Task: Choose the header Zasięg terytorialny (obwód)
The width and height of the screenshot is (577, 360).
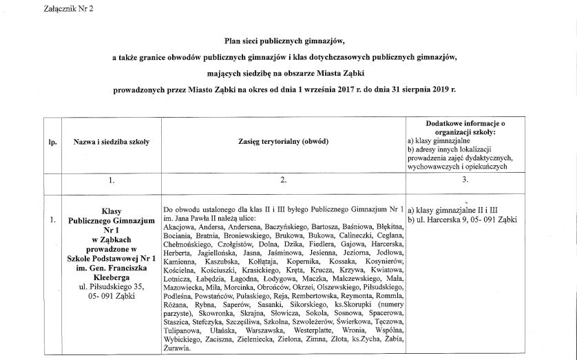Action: click(x=282, y=141)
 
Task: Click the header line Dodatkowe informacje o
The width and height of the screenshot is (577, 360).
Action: click(x=466, y=120)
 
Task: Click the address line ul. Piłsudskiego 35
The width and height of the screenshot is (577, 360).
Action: click(x=110, y=286)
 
